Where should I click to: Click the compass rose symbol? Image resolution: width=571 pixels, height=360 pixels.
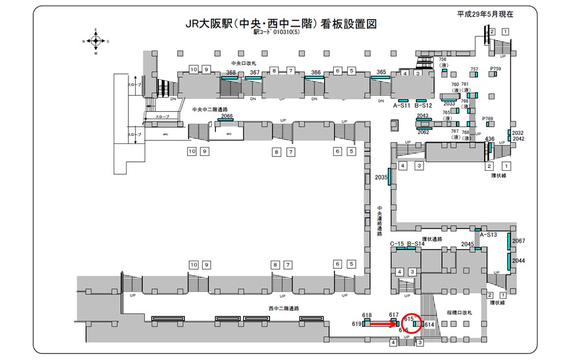click(x=95, y=41)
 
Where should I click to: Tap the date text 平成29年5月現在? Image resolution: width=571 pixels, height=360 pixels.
click(x=485, y=13)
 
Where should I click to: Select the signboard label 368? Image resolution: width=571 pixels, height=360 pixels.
click(x=231, y=73)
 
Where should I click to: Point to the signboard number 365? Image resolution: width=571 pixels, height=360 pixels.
click(x=381, y=72)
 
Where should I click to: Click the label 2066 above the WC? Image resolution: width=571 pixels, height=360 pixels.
click(x=227, y=116)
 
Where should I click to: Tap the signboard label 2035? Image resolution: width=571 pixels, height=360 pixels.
click(x=381, y=177)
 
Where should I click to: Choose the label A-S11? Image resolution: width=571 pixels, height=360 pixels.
click(x=402, y=106)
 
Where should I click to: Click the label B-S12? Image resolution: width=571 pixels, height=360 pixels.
click(x=423, y=106)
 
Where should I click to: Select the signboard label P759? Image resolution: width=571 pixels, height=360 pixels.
click(x=495, y=69)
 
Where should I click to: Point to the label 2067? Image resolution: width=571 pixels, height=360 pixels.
click(x=519, y=240)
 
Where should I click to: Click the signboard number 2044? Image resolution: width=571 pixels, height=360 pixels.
click(x=519, y=261)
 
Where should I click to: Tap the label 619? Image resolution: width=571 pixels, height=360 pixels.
click(x=357, y=324)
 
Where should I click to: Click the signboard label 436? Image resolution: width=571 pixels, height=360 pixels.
click(x=490, y=139)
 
